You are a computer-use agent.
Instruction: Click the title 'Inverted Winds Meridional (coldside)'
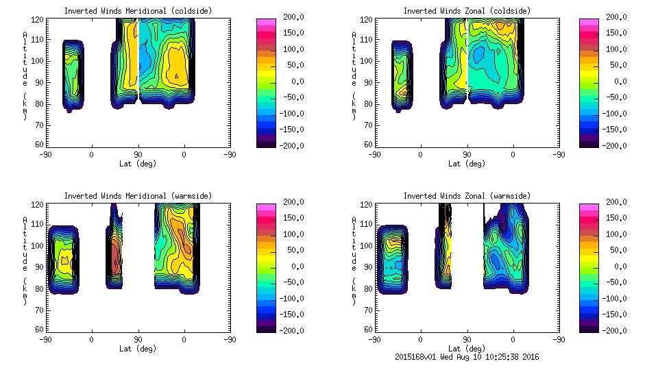point(138,11)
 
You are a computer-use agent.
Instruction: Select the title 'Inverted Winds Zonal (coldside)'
point(467,11)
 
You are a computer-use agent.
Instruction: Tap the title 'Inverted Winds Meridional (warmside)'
point(138,196)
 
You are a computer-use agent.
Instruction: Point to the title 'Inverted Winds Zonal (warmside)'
point(467,196)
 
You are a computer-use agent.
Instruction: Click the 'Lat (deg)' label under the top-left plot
point(137,164)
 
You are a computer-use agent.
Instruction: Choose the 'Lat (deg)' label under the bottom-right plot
point(467,348)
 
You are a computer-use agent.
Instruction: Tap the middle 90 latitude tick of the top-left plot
point(138,154)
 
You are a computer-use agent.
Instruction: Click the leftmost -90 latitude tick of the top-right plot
point(374,154)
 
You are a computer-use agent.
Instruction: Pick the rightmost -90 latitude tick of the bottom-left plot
point(230,339)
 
